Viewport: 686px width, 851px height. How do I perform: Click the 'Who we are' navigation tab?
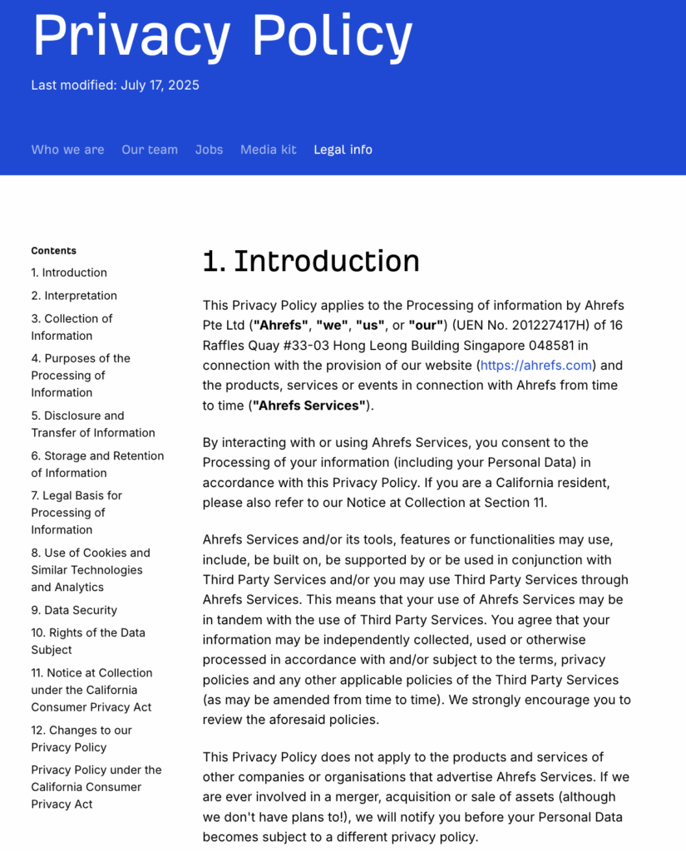tap(67, 150)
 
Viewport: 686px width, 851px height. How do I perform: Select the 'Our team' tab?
tap(150, 150)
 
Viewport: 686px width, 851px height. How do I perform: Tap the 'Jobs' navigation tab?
tap(209, 150)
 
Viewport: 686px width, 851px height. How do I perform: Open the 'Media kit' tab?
tap(268, 150)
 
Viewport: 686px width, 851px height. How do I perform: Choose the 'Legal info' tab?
tap(343, 150)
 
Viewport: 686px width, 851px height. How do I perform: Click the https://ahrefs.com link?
tap(535, 365)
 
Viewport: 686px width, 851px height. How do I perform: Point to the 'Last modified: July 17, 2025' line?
tap(115, 85)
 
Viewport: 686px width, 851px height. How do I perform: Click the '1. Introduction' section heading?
tap(311, 261)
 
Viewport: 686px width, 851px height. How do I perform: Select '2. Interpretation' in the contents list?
tap(74, 296)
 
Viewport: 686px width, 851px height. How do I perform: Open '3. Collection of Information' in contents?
tap(72, 327)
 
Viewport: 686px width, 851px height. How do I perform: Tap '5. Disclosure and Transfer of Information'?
tap(92, 424)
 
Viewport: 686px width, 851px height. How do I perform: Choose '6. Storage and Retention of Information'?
tap(97, 464)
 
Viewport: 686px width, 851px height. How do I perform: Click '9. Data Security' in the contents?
tap(74, 610)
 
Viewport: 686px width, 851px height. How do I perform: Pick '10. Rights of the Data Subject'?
tap(88, 641)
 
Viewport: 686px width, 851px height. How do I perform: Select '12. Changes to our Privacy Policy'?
tap(81, 738)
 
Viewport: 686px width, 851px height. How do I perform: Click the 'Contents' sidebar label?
tap(53, 250)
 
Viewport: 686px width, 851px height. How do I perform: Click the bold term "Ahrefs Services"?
tap(309, 406)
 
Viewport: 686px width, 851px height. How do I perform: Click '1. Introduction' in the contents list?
tap(69, 273)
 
